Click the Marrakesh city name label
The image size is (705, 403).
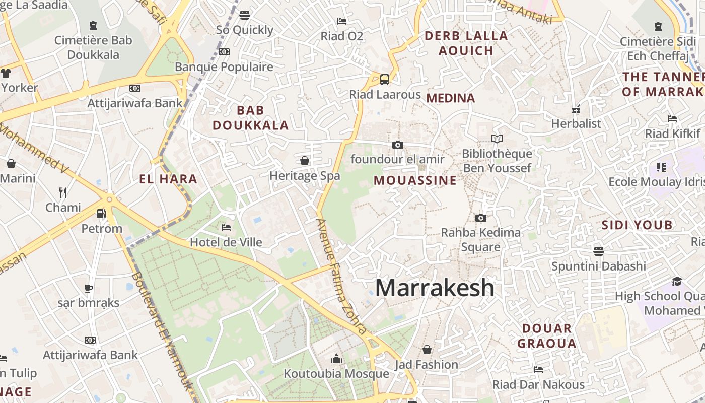click(435, 288)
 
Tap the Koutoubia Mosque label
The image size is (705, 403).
click(336, 374)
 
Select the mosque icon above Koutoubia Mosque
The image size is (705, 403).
click(336, 359)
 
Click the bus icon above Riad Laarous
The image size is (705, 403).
click(384, 79)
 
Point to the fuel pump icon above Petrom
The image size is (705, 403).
click(101, 214)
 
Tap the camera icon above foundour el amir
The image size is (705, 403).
click(397, 145)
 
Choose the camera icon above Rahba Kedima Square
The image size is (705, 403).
click(481, 218)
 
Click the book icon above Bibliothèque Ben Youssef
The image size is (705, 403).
click(497, 139)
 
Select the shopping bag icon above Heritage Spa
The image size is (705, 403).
click(305, 161)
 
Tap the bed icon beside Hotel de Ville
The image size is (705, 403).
click(226, 228)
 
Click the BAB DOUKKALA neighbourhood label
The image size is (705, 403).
click(250, 118)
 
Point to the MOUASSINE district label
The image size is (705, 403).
click(415, 180)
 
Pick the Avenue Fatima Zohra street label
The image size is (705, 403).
click(341, 277)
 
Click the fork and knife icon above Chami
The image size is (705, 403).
click(63, 192)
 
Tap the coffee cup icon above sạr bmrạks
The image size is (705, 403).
click(89, 288)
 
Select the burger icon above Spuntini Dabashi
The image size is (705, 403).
click(599, 251)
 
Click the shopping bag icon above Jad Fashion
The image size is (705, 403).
click(427, 350)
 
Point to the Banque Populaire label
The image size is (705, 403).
click(224, 66)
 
